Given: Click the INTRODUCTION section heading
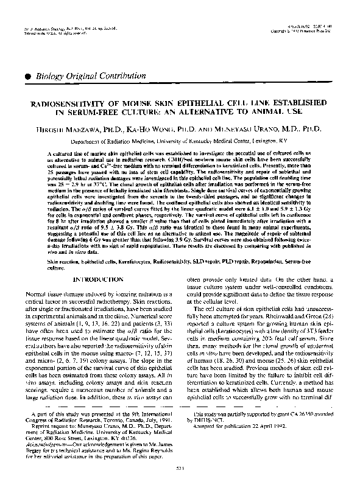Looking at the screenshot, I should [98, 279].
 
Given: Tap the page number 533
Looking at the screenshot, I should [180, 468].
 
